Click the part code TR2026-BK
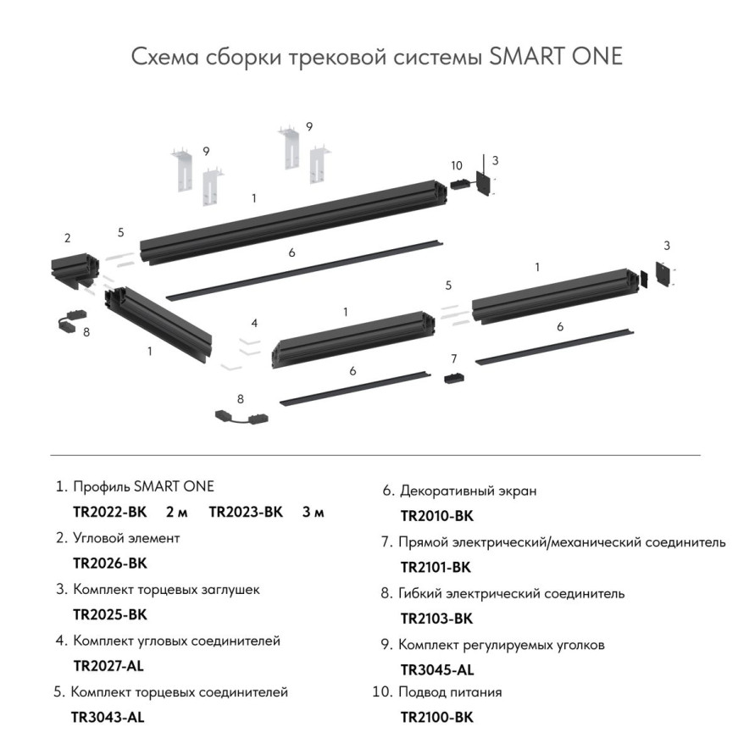click(110, 563)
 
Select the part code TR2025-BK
click(110, 614)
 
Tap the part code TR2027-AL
click(109, 665)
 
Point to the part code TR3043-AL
click(108, 717)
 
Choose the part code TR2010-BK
click(436, 515)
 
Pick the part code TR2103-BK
click(436, 618)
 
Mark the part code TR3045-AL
click(436, 669)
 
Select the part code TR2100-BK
click(436, 717)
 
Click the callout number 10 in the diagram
click(457, 165)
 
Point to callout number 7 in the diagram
click(454, 358)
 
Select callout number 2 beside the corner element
click(67, 238)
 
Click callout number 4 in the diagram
click(253, 323)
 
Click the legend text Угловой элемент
click(126, 538)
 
